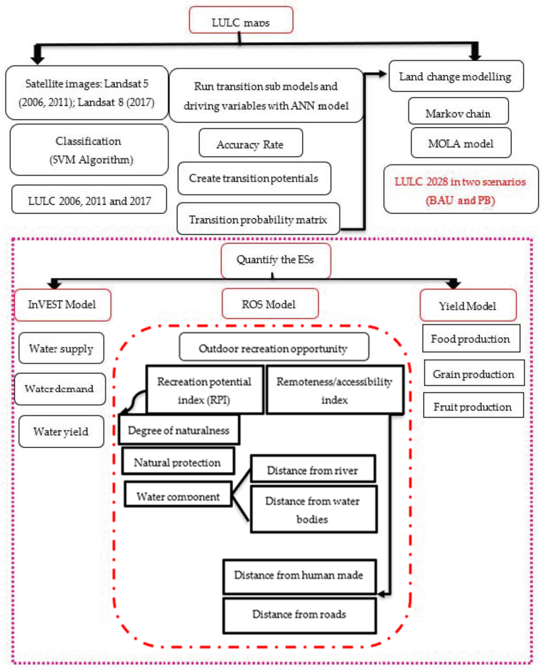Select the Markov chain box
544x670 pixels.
pyautogui.click(x=458, y=111)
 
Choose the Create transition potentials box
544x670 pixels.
pyautogui.click(x=254, y=178)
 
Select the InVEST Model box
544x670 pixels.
pyautogui.click(x=62, y=305)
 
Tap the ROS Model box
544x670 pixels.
pyautogui.click(x=270, y=304)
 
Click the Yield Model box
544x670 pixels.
pyautogui.click(x=468, y=305)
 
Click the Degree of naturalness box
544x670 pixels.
pyautogui.click(x=179, y=430)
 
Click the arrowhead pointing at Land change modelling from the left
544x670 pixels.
pyautogui.click(x=382, y=74)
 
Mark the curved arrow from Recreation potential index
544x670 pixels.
pyautogui.click(x=133, y=402)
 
